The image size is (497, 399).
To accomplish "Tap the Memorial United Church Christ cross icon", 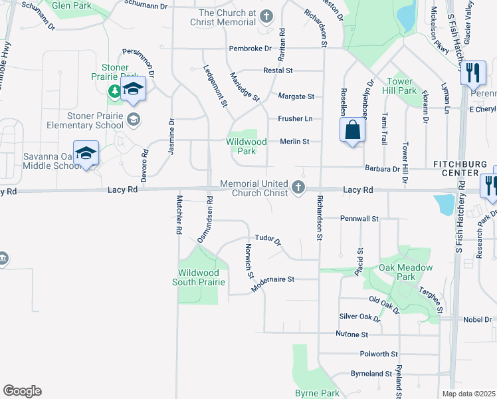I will point(299,189).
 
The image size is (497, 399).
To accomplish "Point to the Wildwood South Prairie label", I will point(198,277).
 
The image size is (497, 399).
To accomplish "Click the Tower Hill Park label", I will point(401,86).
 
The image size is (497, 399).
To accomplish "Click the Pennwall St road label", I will point(359,218).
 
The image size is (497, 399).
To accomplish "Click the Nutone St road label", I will point(351,333).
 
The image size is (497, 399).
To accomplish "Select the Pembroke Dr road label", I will point(250,49).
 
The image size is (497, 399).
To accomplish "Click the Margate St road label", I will point(296,96).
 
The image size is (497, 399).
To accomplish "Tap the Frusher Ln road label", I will point(295,118).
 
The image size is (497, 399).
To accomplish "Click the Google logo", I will point(22,391).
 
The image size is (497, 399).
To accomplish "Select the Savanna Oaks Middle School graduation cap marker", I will point(86,154).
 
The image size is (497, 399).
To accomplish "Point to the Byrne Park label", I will point(317,394).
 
